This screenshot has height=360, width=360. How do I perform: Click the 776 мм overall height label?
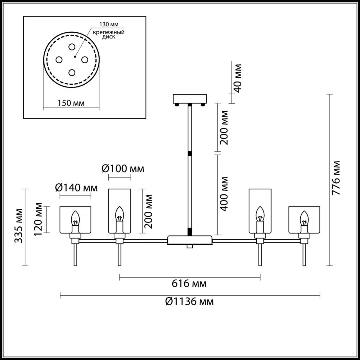pyautogui.click(x=336, y=178)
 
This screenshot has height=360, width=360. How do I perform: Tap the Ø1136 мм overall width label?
pyautogui.click(x=190, y=301)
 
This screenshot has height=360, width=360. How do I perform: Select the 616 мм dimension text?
pyautogui.click(x=189, y=283)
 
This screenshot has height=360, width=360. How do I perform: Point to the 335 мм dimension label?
pyautogui.click(x=19, y=226)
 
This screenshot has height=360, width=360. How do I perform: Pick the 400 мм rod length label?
pyautogui.click(x=224, y=194)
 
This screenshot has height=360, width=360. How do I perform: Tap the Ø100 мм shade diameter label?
pyautogui.click(x=123, y=168)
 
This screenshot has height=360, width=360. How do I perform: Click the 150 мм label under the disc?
pyautogui.click(x=71, y=103)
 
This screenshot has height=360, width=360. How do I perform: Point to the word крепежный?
pyautogui.click(x=109, y=32)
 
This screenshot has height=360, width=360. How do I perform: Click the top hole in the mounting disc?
pyautogui.click(x=72, y=47)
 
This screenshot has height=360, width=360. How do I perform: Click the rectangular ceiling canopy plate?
pyautogui.click(x=190, y=99)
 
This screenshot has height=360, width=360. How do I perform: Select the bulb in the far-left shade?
pyautogui.click(x=75, y=218)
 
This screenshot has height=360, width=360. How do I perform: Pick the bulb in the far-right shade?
pyautogui.click(x=304, y=218)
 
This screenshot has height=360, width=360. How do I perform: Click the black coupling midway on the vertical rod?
pyautogui.click(x=190, y=154)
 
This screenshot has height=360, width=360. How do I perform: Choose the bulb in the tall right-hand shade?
pyautogui.click(x=260, y=214)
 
